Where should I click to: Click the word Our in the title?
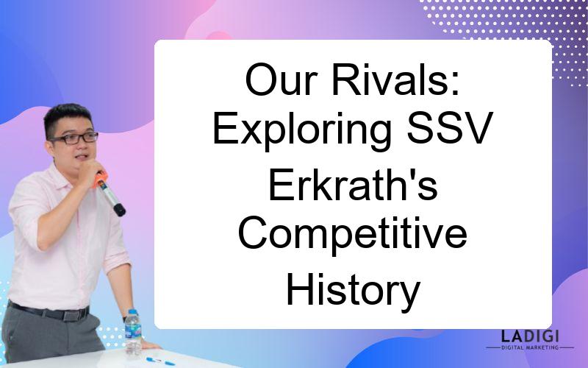click(282, 80)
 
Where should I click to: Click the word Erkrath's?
click(354, 185)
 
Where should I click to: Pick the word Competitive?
click(353, 236)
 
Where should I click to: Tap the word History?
click(353, 290)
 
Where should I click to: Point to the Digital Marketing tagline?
click(530, 347)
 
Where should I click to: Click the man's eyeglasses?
click(74, 138)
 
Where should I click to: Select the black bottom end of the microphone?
click(119, 210)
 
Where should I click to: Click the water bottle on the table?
click(133, 333)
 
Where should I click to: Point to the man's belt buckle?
click(71, 316)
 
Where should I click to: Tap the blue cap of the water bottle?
click(133, 312)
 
